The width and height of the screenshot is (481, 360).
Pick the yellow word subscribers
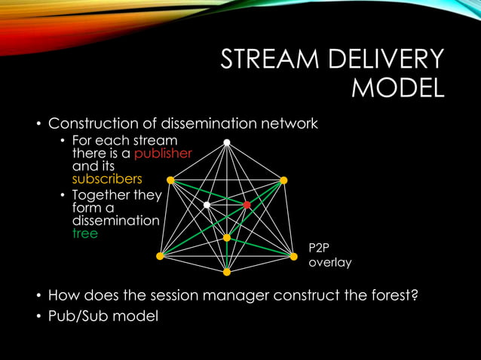(x=107, y=179)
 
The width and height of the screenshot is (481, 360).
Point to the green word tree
(x=85, y=233)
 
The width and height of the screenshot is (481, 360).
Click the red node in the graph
(x=247, y=204)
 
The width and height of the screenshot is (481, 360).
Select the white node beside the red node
(x=207, y=204)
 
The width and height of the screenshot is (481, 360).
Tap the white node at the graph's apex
(x=226, y=142)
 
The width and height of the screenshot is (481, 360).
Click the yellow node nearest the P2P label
(x=293, y=256)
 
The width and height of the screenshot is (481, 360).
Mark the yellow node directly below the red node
(x=226, y=238)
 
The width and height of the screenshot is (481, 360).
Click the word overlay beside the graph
(x=330, y=264)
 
